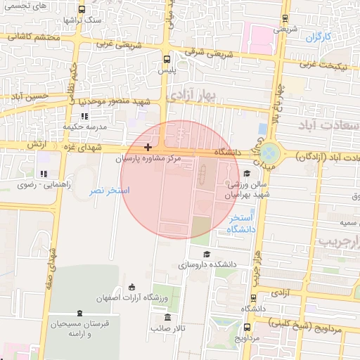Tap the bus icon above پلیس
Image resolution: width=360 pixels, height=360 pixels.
pyautogui.click(x=167, y=60)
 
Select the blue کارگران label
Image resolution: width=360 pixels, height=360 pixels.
pyautogui.click(x=318, y=35)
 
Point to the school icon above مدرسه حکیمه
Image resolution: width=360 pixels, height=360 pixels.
pyautogui.click(x=84, y=116)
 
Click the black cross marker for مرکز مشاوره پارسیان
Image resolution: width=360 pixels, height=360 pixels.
pyautogui.click(x=148, y=147)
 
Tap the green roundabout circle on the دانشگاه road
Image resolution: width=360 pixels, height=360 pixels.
pyautogui.click(x=269, y=153)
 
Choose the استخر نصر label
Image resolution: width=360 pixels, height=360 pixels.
pyautogui.click(x=109, y=191)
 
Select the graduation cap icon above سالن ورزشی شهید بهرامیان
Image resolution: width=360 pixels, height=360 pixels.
pyautogui.click(x=246, y=173)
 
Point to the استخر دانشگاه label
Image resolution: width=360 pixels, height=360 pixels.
pyautogui.click(x=241, y=224)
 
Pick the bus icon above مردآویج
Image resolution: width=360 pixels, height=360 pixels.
pyautogui.click(x=245, y=327)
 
